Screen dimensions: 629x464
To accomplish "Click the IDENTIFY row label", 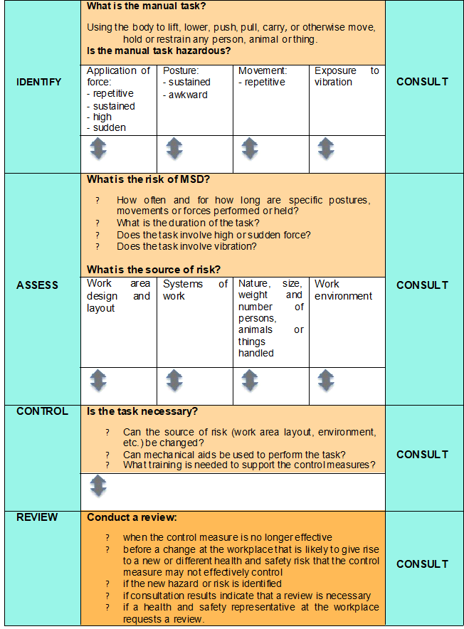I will tap(38, 82).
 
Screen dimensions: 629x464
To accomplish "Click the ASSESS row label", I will tap(37, 285).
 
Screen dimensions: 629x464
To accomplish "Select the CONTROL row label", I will tap(42, 411).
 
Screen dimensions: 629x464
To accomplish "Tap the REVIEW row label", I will tap(37, 517).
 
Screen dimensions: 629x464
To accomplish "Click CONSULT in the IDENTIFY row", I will tap(422, 82).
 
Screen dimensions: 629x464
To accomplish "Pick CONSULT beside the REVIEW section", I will tap(422, 564).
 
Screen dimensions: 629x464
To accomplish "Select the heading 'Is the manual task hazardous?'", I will tap(159, 51).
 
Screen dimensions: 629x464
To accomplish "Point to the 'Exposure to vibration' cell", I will tap(347, 76).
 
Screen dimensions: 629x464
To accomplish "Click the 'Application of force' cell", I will tap(118, 99).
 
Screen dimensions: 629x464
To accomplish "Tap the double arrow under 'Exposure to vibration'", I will tap(326, 149).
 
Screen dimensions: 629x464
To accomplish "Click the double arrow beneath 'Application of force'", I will tap(98, 149).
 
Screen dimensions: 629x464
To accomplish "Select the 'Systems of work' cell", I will tap(195, 290).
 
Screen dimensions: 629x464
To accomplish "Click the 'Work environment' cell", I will tap(343, 290).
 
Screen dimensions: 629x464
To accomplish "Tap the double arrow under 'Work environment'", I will tap(326, 381).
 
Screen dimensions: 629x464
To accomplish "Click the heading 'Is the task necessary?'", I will tap(142, 411).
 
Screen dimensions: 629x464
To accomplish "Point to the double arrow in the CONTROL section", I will tap(98, 487).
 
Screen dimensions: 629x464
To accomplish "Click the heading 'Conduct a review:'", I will tap(132, 517).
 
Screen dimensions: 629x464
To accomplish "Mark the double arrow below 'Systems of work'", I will tap(174, 381).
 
